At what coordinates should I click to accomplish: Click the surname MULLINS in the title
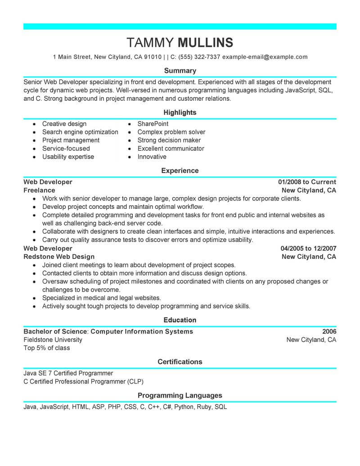(x=206, y=42)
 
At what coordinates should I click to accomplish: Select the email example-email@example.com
(x=265, y=57)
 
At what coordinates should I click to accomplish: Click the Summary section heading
(x=180, y=71)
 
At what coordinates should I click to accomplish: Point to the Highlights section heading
(x=180, y=113)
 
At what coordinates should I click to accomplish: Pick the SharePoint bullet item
(x=153, y=124)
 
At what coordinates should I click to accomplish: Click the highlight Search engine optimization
(x=80, y=132)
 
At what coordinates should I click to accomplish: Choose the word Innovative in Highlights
(x=152, y=157)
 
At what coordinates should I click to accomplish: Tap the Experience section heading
(x=180, y=171)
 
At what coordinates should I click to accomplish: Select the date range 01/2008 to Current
(x=307, y=182)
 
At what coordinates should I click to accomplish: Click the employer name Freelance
(x=39, y=190)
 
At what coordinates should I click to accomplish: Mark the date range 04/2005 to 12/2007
(x=308, y=249)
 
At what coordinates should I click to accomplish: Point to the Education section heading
(x=180, y=320)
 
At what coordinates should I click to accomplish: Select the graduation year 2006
(x=329, y=331)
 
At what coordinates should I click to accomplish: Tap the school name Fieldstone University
(x=53, y=340)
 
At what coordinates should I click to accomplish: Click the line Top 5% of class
(x=47, y=348)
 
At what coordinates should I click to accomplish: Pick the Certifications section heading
(x=180, y=362)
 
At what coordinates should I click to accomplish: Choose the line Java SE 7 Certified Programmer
(x=68, y=373)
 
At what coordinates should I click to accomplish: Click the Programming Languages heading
(x=180, y=396)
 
